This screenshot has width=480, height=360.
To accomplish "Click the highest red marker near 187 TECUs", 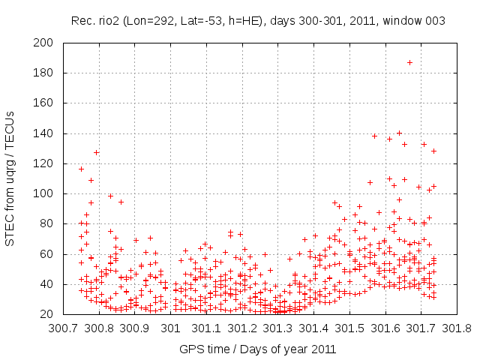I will click(409, 62).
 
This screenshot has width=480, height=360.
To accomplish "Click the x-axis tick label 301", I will click(171, 328).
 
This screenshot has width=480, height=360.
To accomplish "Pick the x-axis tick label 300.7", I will click(63, 328).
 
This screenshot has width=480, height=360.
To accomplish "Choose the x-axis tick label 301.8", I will click(459, 328).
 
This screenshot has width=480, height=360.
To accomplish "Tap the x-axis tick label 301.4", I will click(315, 328).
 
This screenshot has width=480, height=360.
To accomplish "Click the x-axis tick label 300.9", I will click(135, 328).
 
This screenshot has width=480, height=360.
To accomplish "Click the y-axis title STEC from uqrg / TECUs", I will click(10, 178).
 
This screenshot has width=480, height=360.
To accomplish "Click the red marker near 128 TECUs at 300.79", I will click(97, 152).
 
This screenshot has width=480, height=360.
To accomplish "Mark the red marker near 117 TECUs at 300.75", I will click(81, 169).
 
